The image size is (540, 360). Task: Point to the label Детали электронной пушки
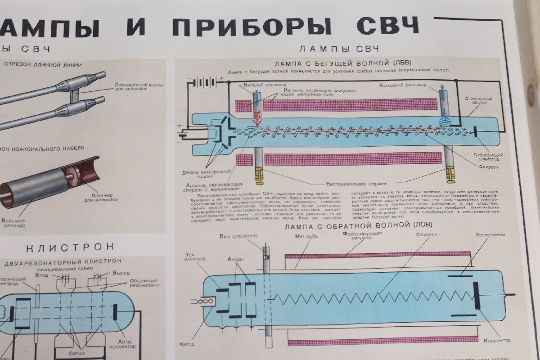pyautogui.click(x=207, y=174)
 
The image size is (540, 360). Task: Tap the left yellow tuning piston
pyautogui.click(x=259, y=175)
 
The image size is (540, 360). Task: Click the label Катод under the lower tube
pyautogui.click(x=189, y=344)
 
